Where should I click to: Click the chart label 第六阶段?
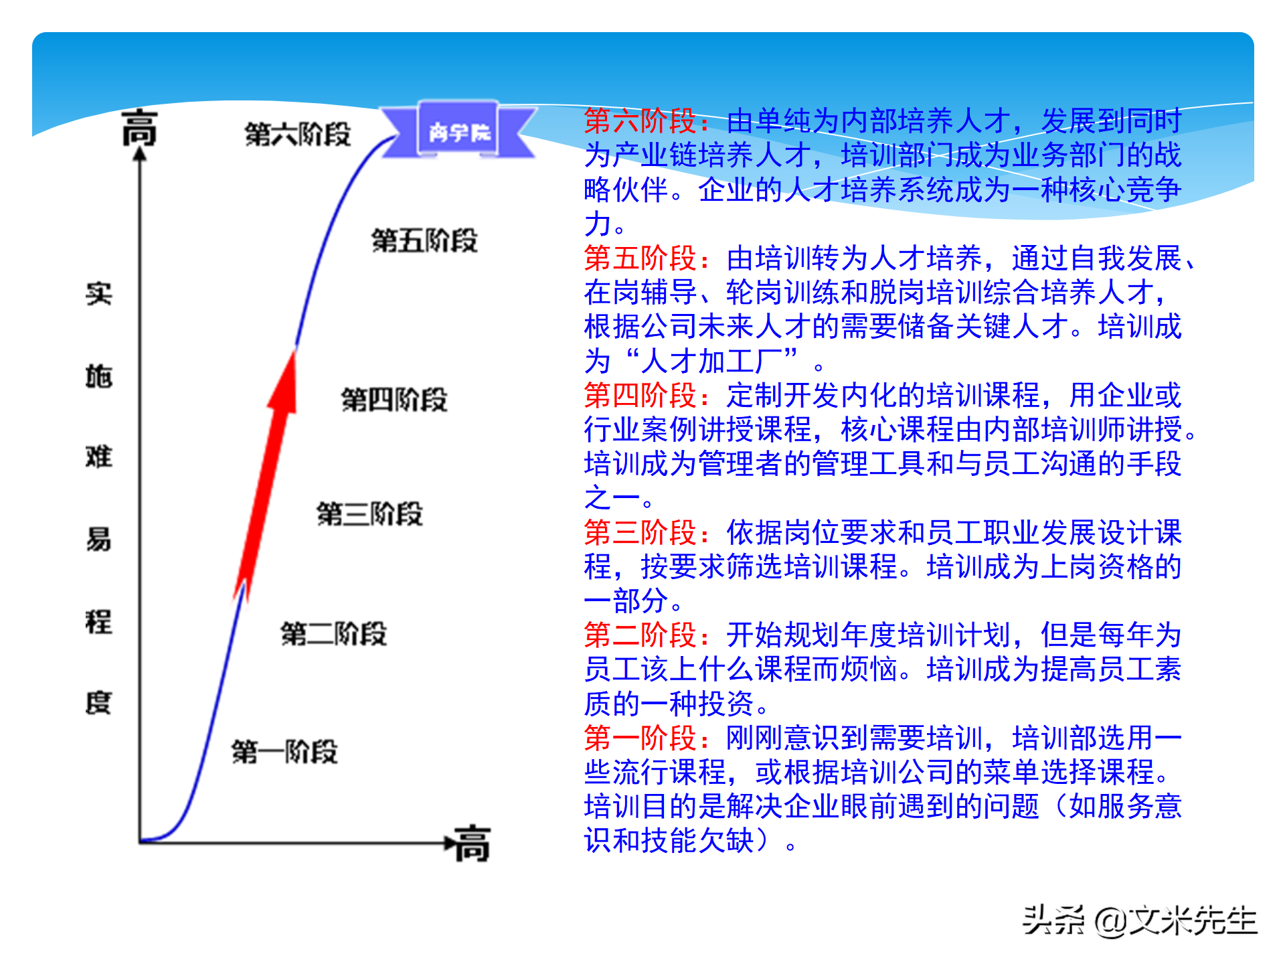[x=298, y=135]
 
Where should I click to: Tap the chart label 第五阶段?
[x=424, y=240]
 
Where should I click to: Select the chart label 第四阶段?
[x=394, y=400]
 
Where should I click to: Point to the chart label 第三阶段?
[x=369, y=514]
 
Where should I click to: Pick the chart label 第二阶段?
[x=333, y=633]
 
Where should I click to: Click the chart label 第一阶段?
[x=284, y=752]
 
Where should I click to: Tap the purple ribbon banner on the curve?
[x=458, y=131]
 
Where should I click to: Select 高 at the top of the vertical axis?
[x=139, y=128]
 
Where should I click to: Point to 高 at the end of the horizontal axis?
[x=473, y=843]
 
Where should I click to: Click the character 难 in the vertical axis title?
[x=98, y=457]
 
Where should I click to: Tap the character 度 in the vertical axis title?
[x=98, y=703]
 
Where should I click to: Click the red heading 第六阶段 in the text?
[x=641, y=121]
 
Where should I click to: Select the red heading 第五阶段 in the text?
[x=641, y=258]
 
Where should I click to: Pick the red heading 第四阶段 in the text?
[x=641, y=396]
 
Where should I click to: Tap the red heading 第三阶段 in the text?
[x=641, y=533]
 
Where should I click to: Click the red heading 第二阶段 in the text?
[x=641, y=635]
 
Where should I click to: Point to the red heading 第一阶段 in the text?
[x=641, y=738]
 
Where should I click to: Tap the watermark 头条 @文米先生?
[x=1140, y=920]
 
